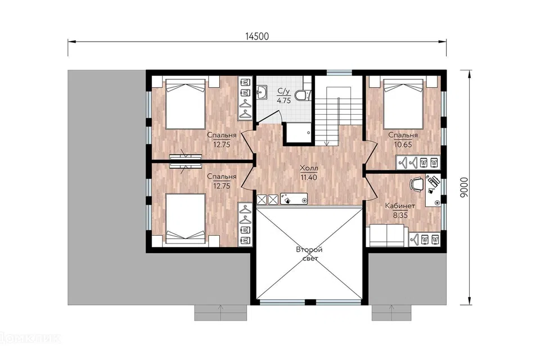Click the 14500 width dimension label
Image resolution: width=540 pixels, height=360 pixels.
(257, 36)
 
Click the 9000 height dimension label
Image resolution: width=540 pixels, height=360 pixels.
(464, 187)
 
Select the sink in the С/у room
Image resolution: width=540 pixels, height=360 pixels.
(262, 92)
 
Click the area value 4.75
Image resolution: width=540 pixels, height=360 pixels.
(284, 101)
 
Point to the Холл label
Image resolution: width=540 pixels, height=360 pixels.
(309, 168)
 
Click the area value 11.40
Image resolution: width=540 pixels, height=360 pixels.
(309, 177)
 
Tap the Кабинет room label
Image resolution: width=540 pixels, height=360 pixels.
(400, 206)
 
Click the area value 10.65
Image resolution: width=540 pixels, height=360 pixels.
(403, 145)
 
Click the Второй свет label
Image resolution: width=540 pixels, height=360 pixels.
(309, 254)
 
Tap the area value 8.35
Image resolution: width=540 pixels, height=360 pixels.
(400, 215)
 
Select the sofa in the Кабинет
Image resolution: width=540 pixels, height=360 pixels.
(387, 235)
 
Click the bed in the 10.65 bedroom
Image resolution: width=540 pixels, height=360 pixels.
(403, 103)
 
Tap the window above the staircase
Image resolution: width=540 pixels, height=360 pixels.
(339, 73)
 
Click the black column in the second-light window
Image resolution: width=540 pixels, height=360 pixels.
(310, 303)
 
